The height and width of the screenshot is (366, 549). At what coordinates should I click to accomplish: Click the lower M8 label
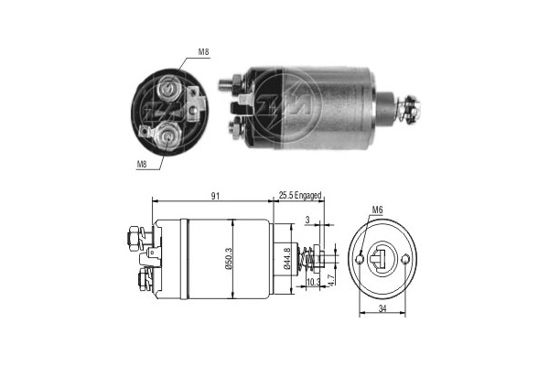coord(143,166)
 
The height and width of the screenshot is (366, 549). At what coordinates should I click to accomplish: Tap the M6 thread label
coord(376,211)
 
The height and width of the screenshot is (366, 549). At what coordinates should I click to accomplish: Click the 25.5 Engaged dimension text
coord(300,195)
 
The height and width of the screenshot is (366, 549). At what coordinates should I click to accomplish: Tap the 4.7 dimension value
coord(331,274)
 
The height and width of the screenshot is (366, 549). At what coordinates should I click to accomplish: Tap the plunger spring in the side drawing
coord(313,260)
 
